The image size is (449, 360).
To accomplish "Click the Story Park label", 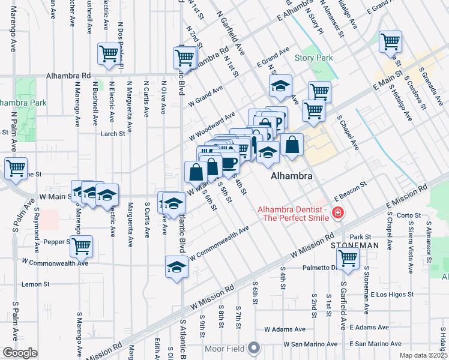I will tap(314, 58).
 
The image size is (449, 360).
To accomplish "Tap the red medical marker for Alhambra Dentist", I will tap(337, 213).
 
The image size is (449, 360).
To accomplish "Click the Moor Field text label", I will tap(228, 348).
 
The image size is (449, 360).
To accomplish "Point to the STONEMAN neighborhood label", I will tap(354, 245).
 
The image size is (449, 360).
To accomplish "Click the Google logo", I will tap(19, 353).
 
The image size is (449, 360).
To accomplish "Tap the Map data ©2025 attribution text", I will tap(423, 355).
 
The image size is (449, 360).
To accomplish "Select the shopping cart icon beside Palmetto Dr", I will tap(348, 257).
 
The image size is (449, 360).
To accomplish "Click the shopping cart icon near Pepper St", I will tap(81, 245).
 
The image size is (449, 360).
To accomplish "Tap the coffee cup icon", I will tap(229, 162).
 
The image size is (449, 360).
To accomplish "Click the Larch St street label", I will tap(112, 134).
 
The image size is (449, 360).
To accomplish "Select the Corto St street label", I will tap(408, 215).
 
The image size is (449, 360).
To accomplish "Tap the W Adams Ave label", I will tap(286, 329).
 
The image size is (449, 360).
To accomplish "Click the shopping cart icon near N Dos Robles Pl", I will tap(109, 53).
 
